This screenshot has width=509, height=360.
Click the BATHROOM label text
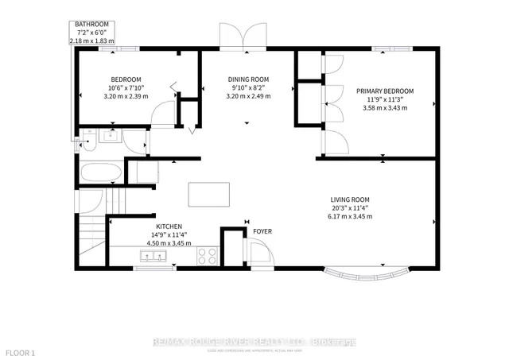pyautogui.click(x=92, y=25)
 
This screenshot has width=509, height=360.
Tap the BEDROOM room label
pyautogui.click(x=126, y=79)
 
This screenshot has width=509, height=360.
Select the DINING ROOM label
pyautogui.click(x=248, y=79)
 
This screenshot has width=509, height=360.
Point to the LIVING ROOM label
pyautogui.click(x=351, y=199)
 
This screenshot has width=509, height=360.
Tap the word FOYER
pyautogui.click(x=262, y=232)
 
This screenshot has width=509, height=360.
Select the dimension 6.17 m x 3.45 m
pyautogui.click(x=351, y=216)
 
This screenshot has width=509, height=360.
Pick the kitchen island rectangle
pyautogui.click(x=208, y=194)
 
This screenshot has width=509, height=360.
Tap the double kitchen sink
pyautogui.click(x=151, y=256)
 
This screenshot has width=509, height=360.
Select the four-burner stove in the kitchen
pyautogui.click(x=207, y=256)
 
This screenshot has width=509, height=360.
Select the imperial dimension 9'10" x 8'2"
pyautogui.click(x=248, y=88)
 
